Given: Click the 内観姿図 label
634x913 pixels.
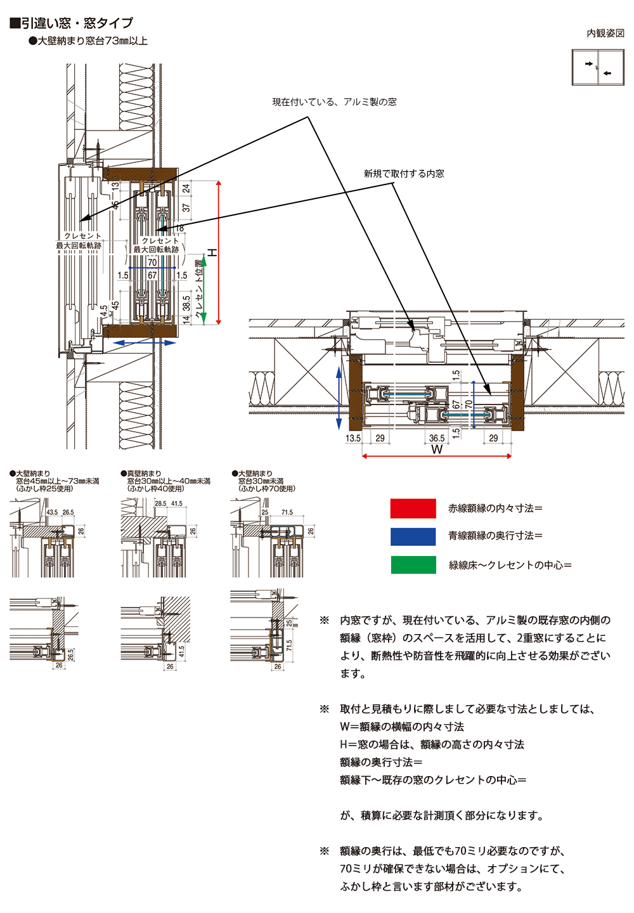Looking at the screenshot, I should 605,33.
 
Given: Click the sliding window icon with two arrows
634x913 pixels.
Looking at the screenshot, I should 598,68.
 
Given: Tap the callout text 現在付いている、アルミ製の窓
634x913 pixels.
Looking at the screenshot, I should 334,102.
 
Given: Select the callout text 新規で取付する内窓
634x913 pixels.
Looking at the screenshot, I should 404,173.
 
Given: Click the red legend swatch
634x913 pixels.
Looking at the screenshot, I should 413,508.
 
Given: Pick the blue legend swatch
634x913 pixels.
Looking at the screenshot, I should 413,536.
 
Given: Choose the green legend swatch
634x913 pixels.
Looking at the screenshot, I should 413,565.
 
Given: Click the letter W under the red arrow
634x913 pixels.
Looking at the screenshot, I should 437,450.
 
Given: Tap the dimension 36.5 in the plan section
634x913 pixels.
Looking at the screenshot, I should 437,438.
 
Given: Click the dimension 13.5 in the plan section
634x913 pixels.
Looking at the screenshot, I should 353,438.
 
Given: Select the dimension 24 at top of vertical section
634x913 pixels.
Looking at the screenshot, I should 186,188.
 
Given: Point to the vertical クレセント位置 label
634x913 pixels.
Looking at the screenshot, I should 198,288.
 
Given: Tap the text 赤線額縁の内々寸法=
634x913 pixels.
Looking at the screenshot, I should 495,508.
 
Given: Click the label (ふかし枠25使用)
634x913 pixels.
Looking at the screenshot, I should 45,489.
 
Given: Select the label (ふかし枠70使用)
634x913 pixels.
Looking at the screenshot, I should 267,489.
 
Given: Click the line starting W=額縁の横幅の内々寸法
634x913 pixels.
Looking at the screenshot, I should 402,727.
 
